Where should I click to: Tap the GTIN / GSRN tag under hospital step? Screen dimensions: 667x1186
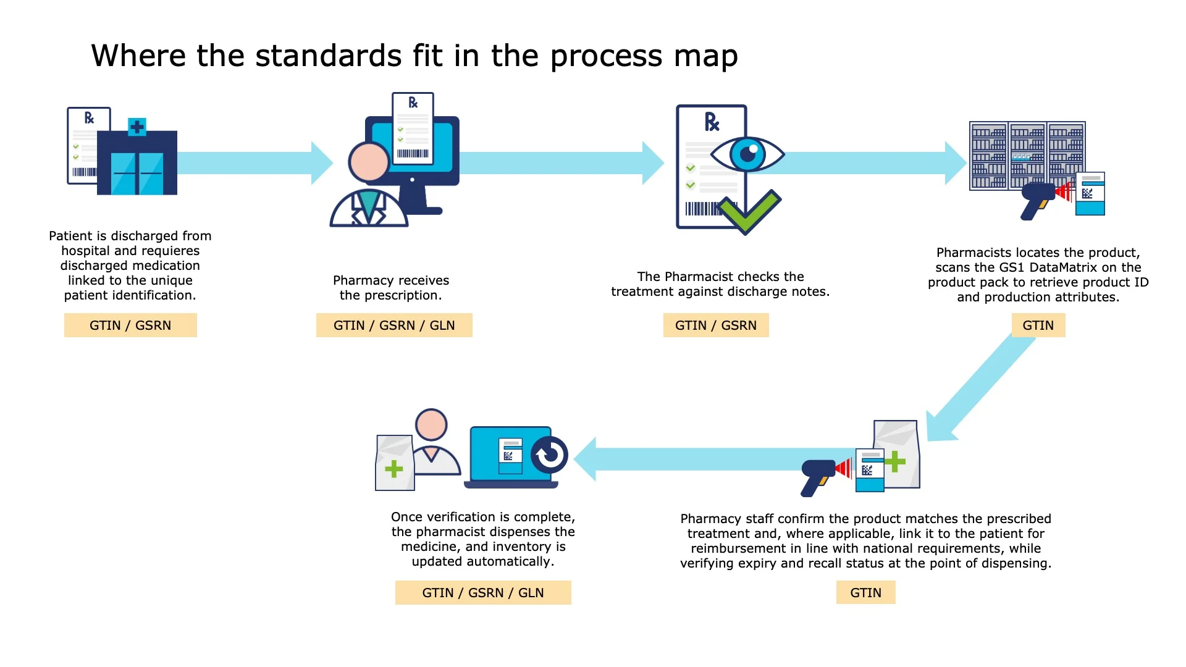point(130,325)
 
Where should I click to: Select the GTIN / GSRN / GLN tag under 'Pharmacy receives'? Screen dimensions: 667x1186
point(394,325)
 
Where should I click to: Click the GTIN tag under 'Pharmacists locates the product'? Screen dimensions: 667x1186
point(1038,325)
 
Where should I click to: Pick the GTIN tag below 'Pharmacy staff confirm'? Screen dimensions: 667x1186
point(865,593)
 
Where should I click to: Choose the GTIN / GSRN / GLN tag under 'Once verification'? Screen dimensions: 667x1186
point(483,593)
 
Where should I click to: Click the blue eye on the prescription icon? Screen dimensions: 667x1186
point(747,154)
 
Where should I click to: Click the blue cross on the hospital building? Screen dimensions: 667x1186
point(137,127)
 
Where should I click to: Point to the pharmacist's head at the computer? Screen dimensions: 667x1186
point(369,162)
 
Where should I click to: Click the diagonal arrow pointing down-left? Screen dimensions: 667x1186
point(982,389)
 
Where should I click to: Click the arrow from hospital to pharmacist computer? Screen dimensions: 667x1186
point(253,163)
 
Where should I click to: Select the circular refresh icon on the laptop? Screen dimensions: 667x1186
point(549,455)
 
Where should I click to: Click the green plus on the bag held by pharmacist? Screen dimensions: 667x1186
point(393,469)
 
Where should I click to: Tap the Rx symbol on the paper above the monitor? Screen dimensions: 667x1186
point(413,103)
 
